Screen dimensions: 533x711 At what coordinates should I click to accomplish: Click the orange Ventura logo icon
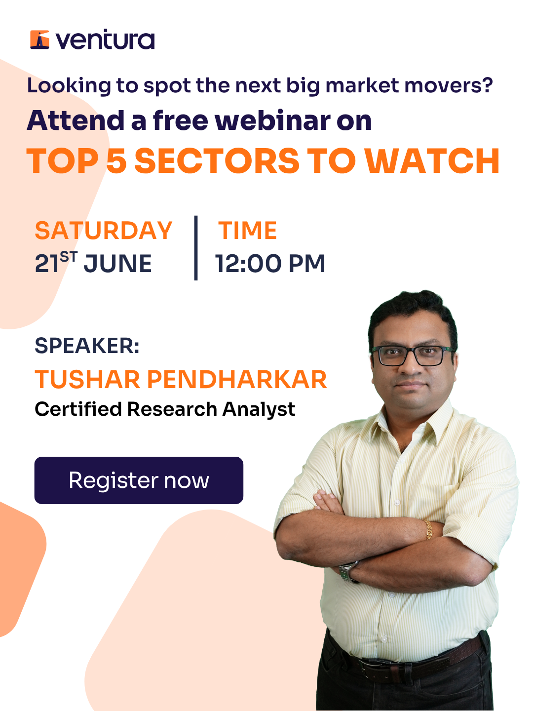(x=39, y=39)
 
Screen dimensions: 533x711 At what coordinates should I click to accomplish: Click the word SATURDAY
(x=103, y=231)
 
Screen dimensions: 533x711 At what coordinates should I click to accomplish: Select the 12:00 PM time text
(x=270, y=263)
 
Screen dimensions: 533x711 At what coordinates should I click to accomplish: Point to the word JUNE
(x=118, y=263)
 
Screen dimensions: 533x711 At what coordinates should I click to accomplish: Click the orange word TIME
(x=248, y=231)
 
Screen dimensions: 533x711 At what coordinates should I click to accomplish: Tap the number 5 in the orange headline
(x=116, y=160)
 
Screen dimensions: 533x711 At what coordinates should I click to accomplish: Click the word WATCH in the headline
(x=433, y=160)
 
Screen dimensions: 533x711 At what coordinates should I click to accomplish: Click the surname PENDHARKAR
(x=237, y=379)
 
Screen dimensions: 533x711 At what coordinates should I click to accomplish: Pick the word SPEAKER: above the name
(x=87, y=346)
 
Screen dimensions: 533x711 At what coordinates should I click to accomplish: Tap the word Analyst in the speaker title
(x=259, y=410)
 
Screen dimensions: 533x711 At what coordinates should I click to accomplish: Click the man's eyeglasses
(x=413, y=355)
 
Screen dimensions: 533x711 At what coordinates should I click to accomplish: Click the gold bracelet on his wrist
(x=428, y=530)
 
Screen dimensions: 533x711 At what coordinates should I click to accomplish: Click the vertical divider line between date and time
(x=196, y=248)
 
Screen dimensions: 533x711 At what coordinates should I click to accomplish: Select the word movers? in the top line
(x=449, y=85)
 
